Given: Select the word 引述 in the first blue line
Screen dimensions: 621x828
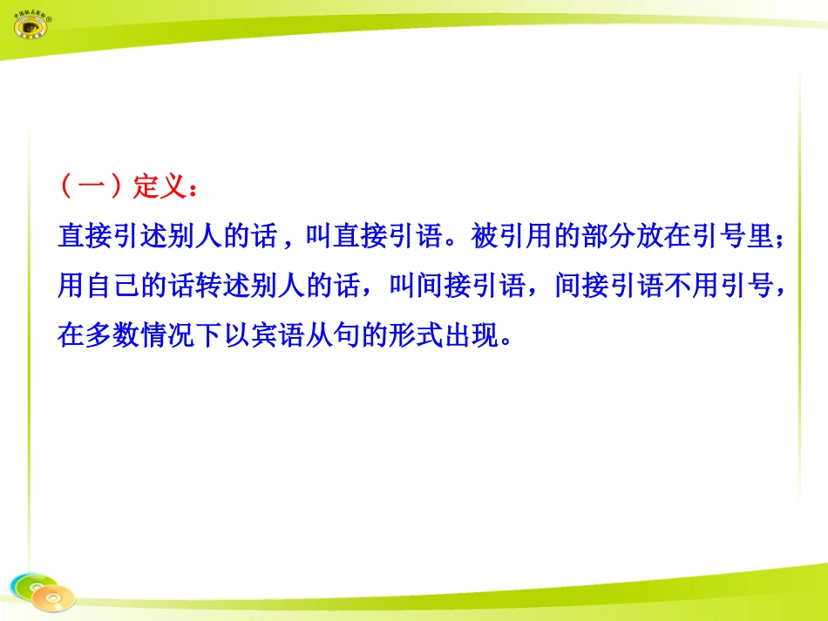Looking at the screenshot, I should [144, 236].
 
